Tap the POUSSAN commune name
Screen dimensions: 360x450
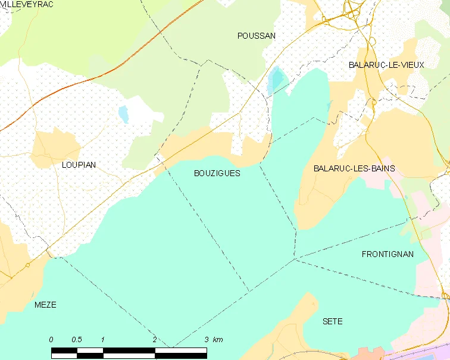click(257, 36)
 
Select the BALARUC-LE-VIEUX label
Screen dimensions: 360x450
click(386, 65)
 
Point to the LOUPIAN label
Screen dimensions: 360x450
click(79, 165)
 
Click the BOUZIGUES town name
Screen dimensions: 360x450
click(217, 173)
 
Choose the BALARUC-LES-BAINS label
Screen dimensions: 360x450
click(354, 168)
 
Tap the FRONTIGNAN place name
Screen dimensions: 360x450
click(387, 254)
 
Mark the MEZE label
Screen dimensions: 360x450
click(45, 305)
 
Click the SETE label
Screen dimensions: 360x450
click(332, 321)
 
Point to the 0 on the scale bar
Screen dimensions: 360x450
click(51, 340)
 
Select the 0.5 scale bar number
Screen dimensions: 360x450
click(77, 340)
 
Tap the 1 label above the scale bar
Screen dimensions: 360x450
click(103, 340)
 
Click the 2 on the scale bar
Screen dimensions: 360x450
click(155, 340)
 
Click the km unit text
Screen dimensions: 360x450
click(218, 340)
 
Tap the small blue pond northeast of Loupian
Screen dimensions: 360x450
click(124, 114)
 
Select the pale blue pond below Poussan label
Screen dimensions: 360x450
click(276, 80)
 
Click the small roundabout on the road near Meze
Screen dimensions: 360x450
click(27, 265)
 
